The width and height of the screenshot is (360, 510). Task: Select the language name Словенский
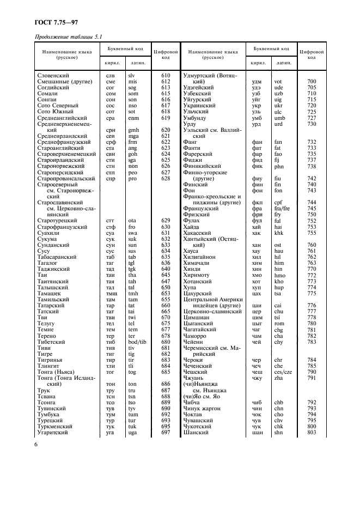54,75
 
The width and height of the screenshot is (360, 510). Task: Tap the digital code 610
166,75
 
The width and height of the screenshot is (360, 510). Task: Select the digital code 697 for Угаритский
166,432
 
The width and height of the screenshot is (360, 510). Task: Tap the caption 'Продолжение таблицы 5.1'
65,37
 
